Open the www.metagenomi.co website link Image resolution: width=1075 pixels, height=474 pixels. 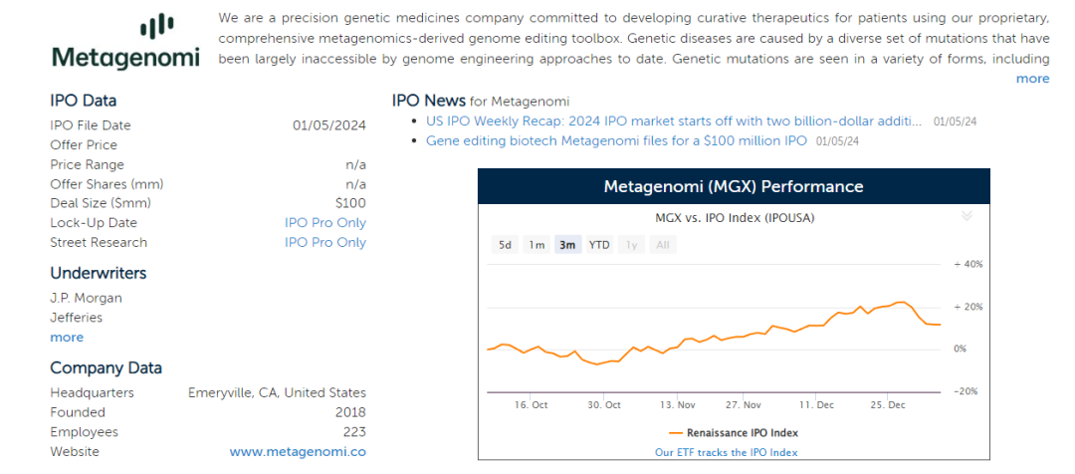[x=298, y=452]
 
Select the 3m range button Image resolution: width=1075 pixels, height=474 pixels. [x=567, y=245]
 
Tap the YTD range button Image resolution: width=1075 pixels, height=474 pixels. [x=599, y=245]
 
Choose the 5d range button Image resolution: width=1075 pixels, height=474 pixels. [x=506, y=245]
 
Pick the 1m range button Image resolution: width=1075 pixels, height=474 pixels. [x=537, y=245]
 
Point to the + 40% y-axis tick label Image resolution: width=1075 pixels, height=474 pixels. [x=967, y=265]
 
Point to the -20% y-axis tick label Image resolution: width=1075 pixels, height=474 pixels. [x=967, y=391]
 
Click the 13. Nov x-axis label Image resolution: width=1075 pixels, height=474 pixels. [x=677, y=405]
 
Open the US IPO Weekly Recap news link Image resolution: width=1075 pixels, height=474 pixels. [x=673, y=121]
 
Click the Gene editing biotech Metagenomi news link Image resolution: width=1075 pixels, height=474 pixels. [x=616, y=141]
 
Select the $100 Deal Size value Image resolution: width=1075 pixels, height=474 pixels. [x=350, y=203]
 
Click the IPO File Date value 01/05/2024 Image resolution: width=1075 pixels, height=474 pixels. [x=328, y=125]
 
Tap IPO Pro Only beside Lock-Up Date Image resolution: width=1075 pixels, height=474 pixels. [x=324, y=223]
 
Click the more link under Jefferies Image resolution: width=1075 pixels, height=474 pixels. [x=67, y=338]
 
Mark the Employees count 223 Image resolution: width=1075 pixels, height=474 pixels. [x=353, y=432]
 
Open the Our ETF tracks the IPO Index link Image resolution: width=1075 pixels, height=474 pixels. [x=726, y=452]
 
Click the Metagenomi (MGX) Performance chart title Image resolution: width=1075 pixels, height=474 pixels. [x=734, y=187]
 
